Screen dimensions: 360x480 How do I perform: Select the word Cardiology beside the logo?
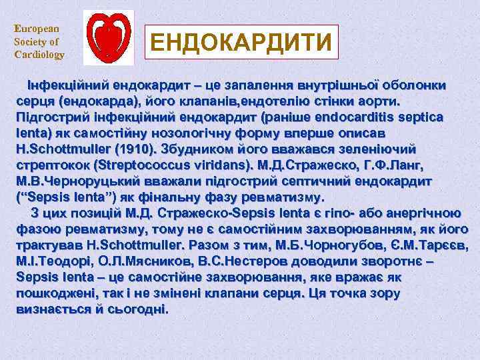point(39,55)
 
